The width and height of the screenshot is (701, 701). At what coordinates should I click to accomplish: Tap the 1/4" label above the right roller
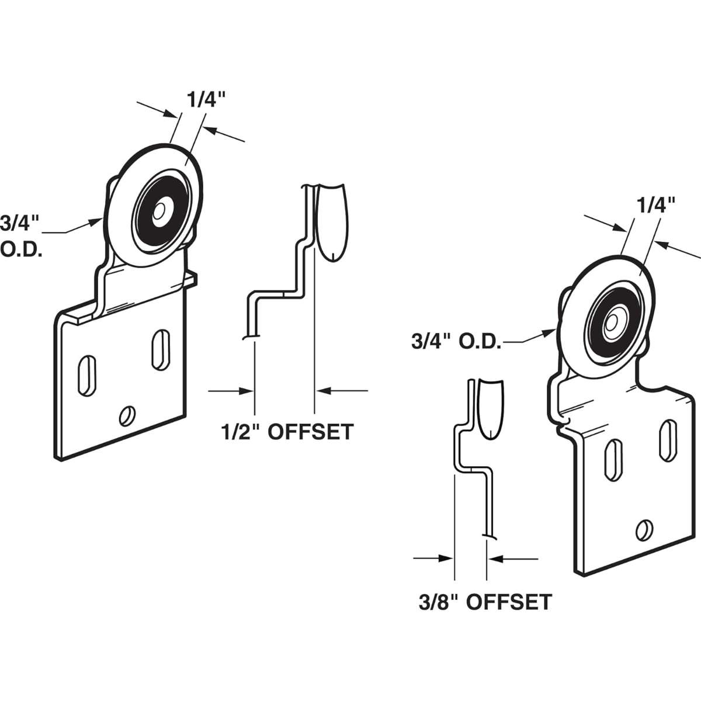[655, 204]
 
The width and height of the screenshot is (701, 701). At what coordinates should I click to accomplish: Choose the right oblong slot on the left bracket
[158, 349]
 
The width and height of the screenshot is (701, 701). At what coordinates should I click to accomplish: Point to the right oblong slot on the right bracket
[665, 436]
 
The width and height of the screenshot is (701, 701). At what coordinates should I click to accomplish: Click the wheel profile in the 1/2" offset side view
[331, 222]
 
